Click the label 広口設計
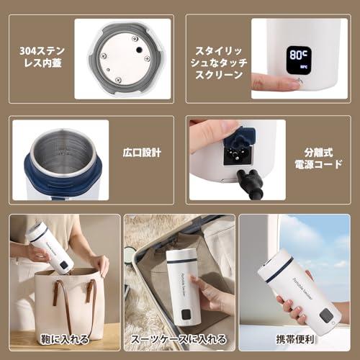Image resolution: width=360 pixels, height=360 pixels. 141,152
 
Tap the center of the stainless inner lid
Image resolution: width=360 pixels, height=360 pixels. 124,58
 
